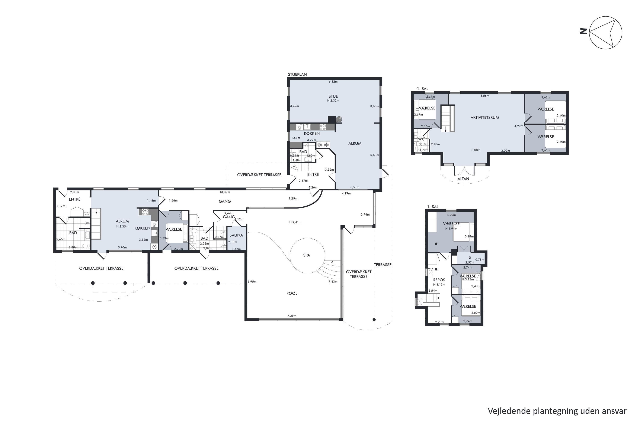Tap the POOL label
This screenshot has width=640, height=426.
pos(292,294)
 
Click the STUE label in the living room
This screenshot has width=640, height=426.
pos(333,96)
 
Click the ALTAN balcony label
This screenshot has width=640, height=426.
pos(463,179)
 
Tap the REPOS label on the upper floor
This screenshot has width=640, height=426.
pos(439,280)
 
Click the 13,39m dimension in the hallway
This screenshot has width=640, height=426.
pos(225,192)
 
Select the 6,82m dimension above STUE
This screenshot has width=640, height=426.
pos(333,82)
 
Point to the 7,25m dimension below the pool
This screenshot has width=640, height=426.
pos(292,316)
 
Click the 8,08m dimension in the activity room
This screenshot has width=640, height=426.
pos(476,150)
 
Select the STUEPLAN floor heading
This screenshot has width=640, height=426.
pos(297,74)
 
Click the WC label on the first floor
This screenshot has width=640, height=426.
pos(421,139)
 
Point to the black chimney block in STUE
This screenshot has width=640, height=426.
pos(332,119)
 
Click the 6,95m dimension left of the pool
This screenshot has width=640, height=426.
pos(252,282)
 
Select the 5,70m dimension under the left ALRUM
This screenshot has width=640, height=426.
pos(122,248)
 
